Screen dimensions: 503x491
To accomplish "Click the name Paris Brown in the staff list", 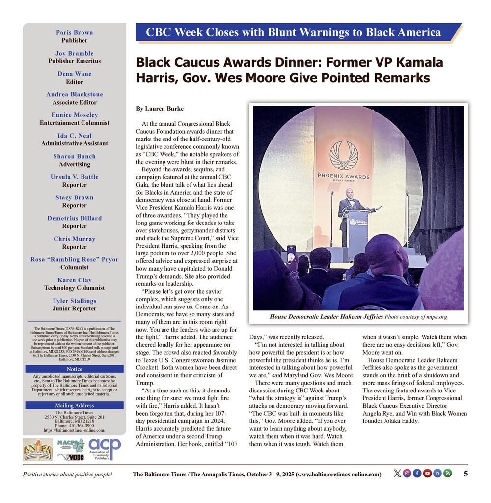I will click(x=75, y=32).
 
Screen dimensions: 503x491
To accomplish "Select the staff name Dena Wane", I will click(x=75, y=74).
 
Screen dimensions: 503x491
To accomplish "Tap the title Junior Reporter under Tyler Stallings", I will click(x=75, y=308).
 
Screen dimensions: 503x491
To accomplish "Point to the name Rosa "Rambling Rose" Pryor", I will click(x=75, y=259).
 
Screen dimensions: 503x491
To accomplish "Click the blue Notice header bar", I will click(x=75, y=369).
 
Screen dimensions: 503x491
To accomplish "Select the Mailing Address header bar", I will click(x=75, y=405).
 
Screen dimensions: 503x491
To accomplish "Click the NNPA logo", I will click(x=38, y=449).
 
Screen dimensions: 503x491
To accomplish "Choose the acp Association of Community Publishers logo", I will click(x=105, y=449).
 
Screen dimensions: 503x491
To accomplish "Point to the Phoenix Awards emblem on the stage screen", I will click(x=344, y=156).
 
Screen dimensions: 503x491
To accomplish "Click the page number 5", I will click(x=465, y=474).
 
